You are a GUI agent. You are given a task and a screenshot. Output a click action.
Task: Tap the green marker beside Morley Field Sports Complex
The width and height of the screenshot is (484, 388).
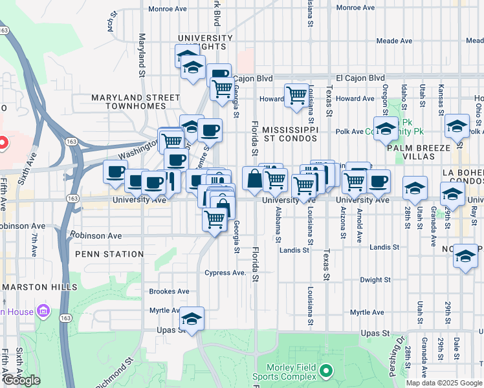point(326,372)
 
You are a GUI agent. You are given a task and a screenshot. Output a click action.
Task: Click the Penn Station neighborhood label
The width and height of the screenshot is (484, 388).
point(109,254)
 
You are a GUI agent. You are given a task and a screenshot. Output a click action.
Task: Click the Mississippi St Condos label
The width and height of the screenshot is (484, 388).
point(291,135)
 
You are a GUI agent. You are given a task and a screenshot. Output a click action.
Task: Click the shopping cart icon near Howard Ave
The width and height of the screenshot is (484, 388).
point(296,95)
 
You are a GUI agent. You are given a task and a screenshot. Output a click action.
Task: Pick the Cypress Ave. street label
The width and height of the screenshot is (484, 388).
point(225,273)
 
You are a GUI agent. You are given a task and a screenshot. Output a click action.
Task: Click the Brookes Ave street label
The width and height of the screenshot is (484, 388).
point(169,292)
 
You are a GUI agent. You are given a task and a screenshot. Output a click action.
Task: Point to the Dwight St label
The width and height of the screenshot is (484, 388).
point(373,280)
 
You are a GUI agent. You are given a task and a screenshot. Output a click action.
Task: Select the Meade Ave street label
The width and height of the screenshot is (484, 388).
point(394,41)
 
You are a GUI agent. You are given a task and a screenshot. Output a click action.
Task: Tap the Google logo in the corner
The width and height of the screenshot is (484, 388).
point(21,380)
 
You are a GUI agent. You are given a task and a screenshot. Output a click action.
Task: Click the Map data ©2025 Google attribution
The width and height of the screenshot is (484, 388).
point(443,383)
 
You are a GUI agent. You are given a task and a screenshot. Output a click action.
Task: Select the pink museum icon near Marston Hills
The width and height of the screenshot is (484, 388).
point(43,312)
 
